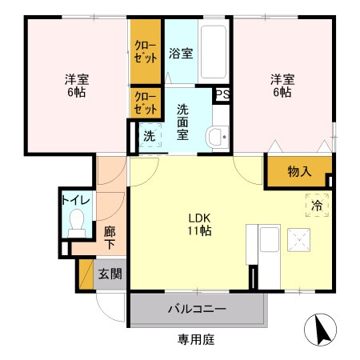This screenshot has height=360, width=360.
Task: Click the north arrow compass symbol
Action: (x=319, y=329)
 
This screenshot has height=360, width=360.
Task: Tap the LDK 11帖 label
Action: (x=199, y=224)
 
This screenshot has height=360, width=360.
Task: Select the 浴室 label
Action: (x=181, y=54)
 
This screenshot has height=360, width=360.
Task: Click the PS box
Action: (x=222, y=93)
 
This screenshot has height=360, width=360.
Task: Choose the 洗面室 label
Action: (x=182, y=122)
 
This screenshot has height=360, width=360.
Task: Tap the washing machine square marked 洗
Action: (x=150, y=136)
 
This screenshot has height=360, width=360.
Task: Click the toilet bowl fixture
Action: (x=78, y=221)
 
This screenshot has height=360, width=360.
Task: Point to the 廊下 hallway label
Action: (x=110, y=236)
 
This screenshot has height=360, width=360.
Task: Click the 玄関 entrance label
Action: (x=110, y=274)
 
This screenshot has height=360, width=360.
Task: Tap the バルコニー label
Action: (x=196, y=309)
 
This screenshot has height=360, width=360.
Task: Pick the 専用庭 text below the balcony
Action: (x=196, y=340)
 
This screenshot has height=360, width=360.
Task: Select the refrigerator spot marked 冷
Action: (x=316, y=205)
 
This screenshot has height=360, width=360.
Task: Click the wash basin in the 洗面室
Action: (x=217, y=136)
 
